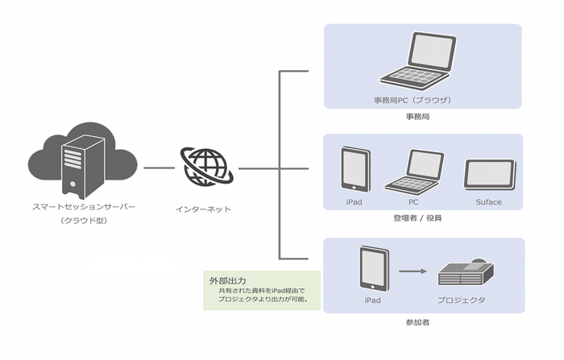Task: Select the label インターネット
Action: [203, 209]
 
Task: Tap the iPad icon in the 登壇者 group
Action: [355, 168]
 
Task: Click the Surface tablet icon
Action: [489, 174]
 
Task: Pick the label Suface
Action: [488, 202]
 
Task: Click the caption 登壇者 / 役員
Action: [423, 217]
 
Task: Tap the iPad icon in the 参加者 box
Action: [372, 270]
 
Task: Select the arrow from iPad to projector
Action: [413, 271]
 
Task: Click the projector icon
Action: [466, 274]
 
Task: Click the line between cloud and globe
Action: [159, 168]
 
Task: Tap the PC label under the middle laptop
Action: [414, 202]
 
